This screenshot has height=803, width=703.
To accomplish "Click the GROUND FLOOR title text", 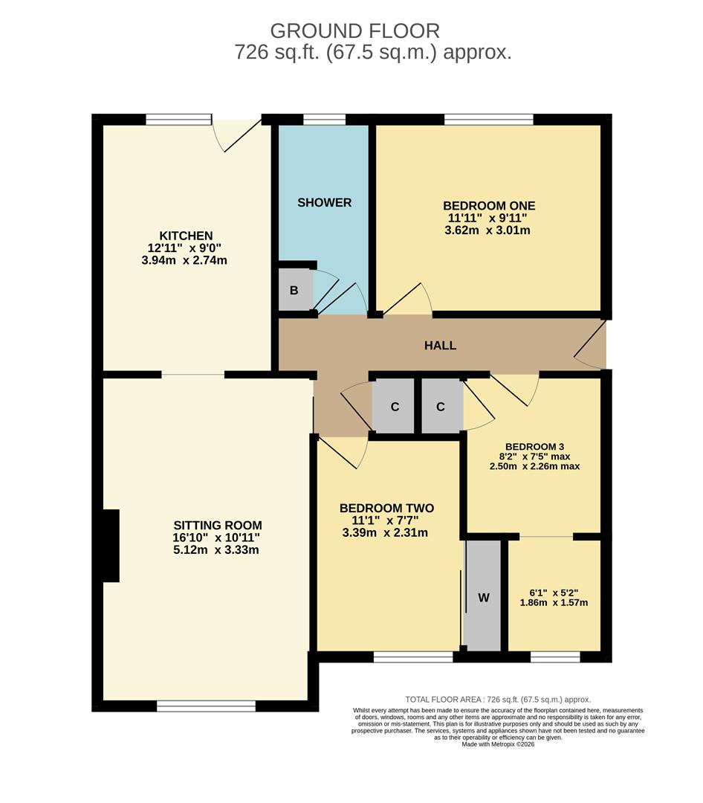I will point(354,30).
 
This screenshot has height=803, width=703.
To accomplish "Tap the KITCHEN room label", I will point(185,236).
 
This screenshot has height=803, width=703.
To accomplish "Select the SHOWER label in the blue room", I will point(324,202).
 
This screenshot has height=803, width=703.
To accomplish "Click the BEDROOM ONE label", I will point(488,206).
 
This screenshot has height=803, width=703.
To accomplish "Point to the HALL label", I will point(440,346).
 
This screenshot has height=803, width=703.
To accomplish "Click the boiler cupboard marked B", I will point(294,290).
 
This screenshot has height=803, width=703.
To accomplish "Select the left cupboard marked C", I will point(395,407).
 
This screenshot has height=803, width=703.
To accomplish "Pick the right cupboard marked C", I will point(441,407).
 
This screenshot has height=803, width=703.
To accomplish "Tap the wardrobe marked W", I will point(483,596).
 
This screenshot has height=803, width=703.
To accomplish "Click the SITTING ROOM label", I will point(217,525).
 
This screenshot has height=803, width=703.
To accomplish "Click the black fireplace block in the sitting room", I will point(111,546).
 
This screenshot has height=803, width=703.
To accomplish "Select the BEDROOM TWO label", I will point(386,509).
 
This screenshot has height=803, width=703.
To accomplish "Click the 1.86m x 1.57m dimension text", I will point(554,602).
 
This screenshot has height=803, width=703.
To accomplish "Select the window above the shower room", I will point(325,119).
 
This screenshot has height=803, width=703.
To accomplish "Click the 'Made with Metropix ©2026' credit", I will point(498,744).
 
